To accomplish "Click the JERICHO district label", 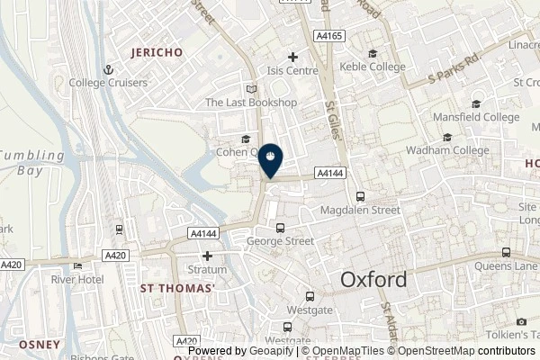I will [157, 52].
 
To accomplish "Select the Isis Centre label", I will [292, 70].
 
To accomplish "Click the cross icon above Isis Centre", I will [292, 57].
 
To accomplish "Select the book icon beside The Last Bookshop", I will [250, 89].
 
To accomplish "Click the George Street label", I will [279, 241].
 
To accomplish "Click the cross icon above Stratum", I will [207, 256].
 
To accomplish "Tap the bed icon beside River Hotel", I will [78, 265].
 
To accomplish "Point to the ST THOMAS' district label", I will [177, 288].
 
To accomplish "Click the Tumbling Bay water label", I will [32, 162].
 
